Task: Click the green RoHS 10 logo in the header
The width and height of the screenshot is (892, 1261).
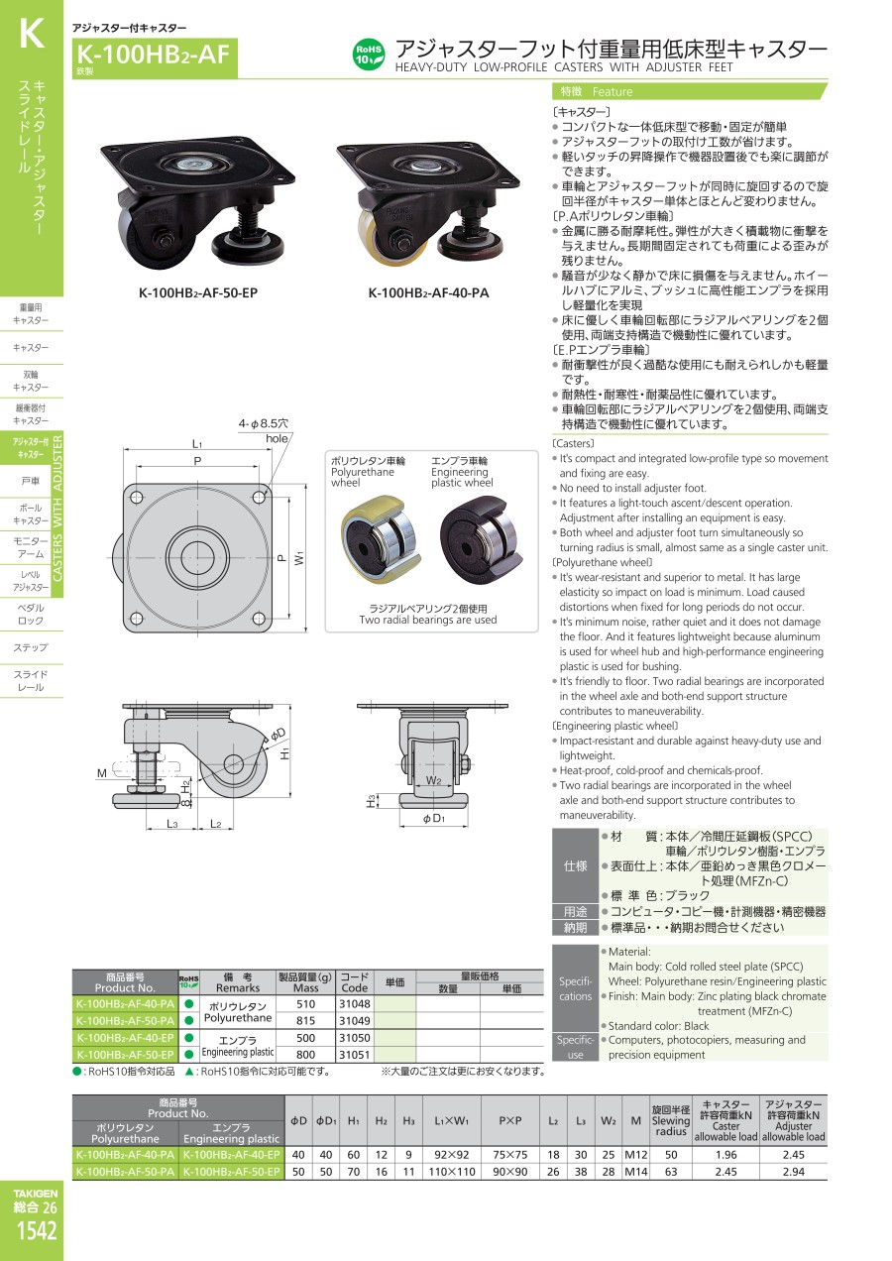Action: tap(369, 55)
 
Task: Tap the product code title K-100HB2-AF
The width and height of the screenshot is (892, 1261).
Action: tap(153, 56)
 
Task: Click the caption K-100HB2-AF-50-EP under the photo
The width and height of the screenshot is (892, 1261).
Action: tap(198, 293)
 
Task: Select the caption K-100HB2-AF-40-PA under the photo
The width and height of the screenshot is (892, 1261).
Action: tap(428, 293)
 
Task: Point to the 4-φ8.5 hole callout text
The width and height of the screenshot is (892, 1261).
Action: tap(264, 430)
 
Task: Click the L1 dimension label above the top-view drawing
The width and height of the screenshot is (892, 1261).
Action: tap(197, 443)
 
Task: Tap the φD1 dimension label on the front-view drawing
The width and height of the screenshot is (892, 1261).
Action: tap(434, 818)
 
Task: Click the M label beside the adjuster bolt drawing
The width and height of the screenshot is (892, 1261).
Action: tap(102, 773)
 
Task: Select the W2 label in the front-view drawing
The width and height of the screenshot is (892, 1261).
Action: tap(433, 780)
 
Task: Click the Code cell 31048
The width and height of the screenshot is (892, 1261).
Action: tap(355, 1003)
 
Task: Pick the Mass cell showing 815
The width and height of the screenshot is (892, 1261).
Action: tap(305, 1020)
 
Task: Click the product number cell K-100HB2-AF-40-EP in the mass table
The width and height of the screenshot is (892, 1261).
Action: tap(125, 1038)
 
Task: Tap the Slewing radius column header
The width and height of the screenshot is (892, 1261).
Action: tap(671, 1120)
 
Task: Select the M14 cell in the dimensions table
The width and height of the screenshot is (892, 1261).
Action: tap(636, 1172)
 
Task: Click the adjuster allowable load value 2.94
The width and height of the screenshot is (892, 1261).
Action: tap(793, 1172)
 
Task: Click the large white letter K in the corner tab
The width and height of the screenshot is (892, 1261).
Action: tap(32, 34)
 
